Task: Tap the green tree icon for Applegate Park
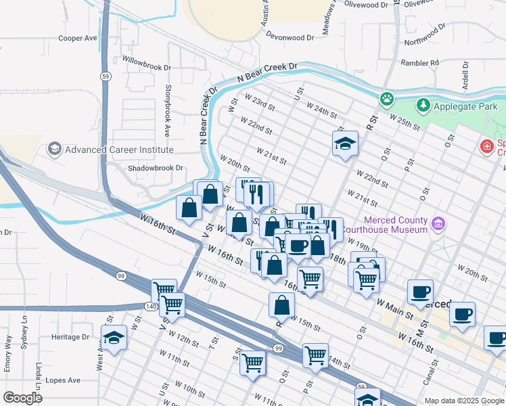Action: [x=423, y=106]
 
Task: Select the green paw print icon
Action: [x=386, y=99]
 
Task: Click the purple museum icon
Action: [x=439, y=223]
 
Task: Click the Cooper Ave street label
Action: [x=78, y=39]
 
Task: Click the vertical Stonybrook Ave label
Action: [x=166, y=111]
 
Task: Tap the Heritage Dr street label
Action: [x=66, y=336]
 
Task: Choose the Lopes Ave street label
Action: [x=63, y=380]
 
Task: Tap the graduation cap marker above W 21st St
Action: [x=345, y=143]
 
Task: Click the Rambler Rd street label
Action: [x=420, y=63]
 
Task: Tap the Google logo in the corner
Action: [x=22, y=398]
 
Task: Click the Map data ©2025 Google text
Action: [x=463, y=401]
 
